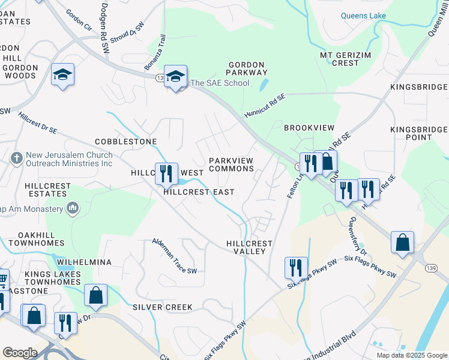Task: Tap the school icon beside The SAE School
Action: coord(176,77)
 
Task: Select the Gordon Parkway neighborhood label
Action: coord(246,68)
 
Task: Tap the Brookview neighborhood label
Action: coord(309,128)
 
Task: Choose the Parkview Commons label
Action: coord(231,164)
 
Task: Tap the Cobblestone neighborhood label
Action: coord(125,142)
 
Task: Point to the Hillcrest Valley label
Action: coord(249,247)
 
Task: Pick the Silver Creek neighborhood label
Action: coord(163,307)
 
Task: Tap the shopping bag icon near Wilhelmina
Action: coord(95,295)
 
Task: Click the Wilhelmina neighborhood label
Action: coord(85,263)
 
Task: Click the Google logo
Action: coord(20,352)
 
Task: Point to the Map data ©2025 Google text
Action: coord(411,355)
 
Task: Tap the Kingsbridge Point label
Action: coord(419,133)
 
